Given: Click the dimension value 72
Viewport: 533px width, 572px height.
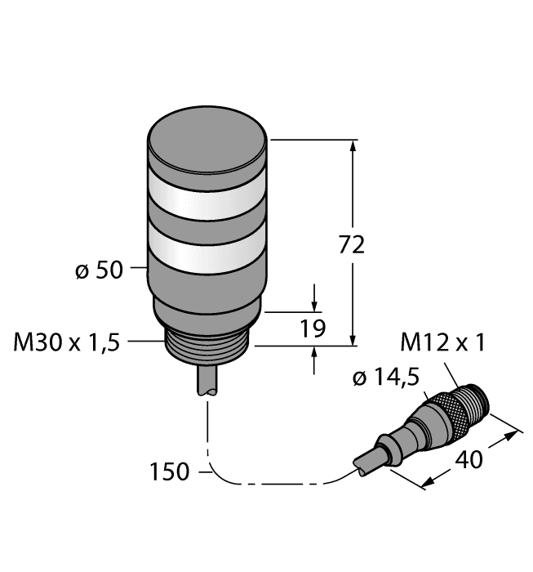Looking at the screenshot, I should pyautogui.click(x=351, y=244).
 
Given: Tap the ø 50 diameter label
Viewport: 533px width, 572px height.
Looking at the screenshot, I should pyautogui.click(x=98, y=270).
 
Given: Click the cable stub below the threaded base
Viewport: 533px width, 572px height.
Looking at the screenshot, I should pyautogui.click(x=208, y=382).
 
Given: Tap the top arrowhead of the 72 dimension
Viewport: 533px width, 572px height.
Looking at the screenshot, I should pyautogui.click(x=353, y=146).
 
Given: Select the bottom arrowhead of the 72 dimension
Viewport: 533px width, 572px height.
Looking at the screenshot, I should pyautogui.click(x=353, y=339).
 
